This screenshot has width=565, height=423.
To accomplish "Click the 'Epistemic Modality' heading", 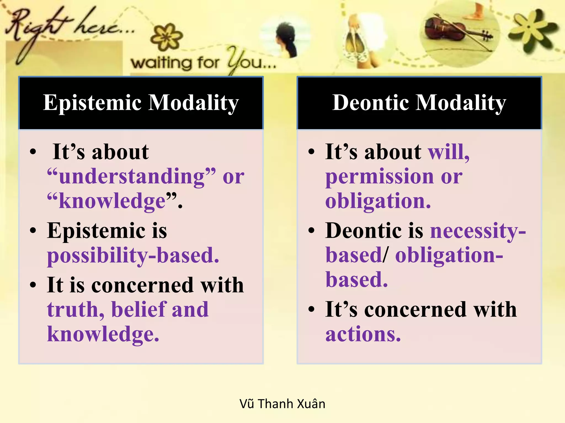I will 141,103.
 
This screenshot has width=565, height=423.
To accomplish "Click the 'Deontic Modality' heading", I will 419,103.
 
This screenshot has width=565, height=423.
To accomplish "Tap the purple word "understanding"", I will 131,176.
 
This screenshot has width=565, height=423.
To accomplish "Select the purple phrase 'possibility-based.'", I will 133,255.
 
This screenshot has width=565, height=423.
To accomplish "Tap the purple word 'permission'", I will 380,177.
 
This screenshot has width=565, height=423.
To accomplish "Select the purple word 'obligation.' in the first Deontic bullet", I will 378,201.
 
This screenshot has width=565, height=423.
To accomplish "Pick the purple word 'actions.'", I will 363,334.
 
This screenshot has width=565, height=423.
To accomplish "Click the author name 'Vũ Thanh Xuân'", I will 282,404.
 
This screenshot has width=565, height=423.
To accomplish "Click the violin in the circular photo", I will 452,32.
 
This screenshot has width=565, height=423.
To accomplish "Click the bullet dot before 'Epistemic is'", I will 33,231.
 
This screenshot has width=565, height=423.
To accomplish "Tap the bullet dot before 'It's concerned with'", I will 311,309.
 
